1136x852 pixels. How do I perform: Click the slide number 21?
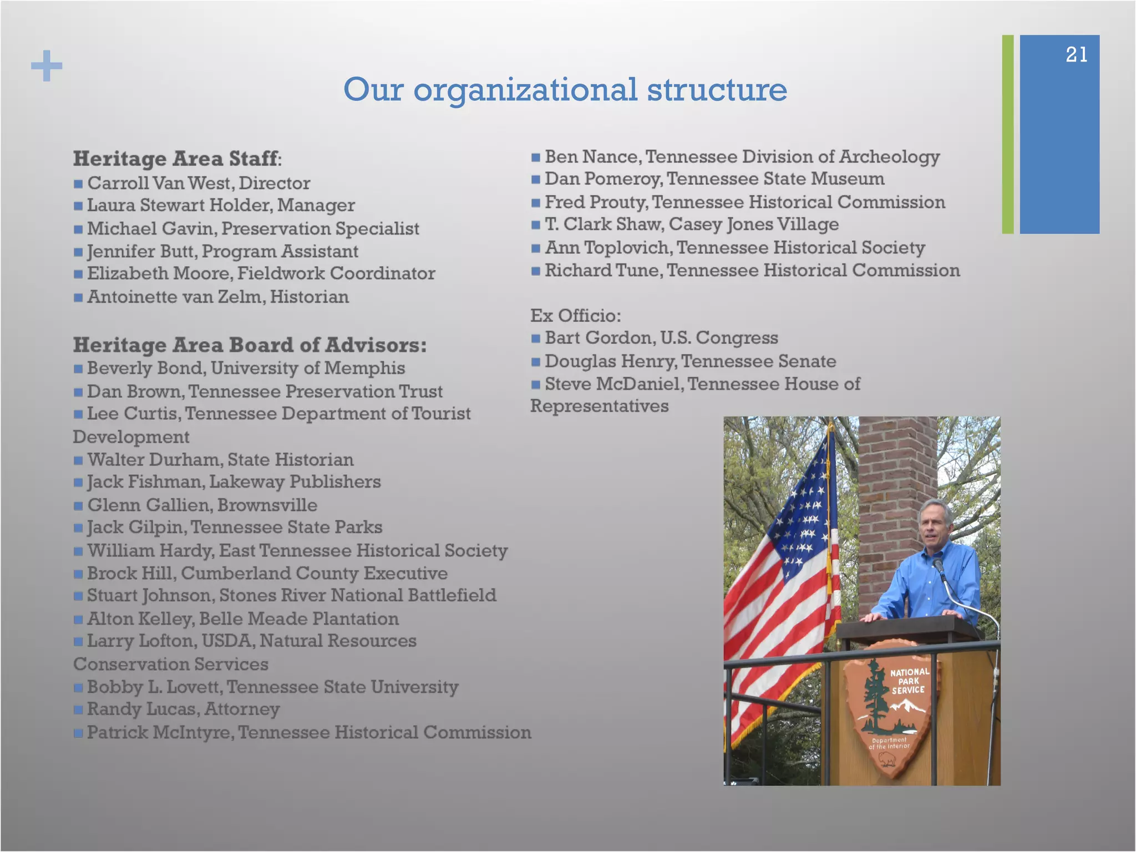[x=1076, y=54]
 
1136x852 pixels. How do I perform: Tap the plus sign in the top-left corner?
[x=47, y=65]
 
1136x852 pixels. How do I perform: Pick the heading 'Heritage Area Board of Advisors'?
[x=250, y=345]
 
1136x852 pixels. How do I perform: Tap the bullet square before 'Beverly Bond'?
[x=78, y=368]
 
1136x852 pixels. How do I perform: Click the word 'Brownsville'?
[x=267, y=505]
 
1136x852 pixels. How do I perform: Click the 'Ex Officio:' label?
[x=575, y=316]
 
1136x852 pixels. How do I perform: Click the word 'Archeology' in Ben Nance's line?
[x=889, y=157]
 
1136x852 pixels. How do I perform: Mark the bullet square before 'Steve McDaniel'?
[x=535, y=384]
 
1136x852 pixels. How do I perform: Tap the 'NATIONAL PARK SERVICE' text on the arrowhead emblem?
[x=909, y=681]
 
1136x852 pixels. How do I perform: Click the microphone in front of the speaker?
[x=939, y=566]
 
